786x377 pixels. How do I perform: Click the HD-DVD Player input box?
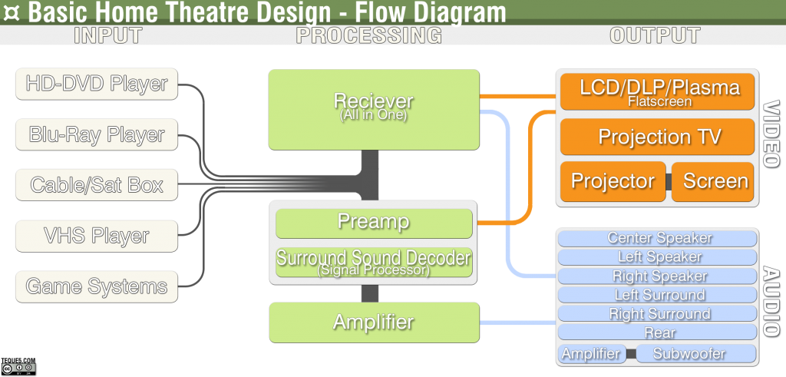pyautogui.click(x=97, y=84)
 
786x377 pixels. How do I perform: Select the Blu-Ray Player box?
pyautogui.click(x=97, y=134)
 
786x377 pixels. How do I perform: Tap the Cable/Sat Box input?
pyautogui.click(x=97, y=185)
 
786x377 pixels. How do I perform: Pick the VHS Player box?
pyautogui.click(x=97, y=236)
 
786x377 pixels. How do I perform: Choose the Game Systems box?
pyautogui.click(x=97, y=286)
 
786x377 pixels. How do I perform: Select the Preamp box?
pyautogui.click(x=374, y=223)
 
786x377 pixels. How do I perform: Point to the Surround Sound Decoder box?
pyautogui.click(x=374, y=262)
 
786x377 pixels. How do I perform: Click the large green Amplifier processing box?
pyautogui.click(x=374, y=322)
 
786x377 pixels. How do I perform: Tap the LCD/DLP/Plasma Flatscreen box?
pyautogui.click(x=658, y=91)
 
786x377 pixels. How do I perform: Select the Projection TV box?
pyautogui.click(x=658, y=137)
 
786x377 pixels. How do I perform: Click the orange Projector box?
pyautogui.click(x=613, y=182)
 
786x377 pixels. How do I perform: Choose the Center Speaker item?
pyautogui.click(x=658, y=238)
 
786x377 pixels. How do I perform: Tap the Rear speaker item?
pyautogui.click(x=658, y=332)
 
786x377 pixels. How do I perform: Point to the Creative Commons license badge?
pyautogui.click(x=18, y=369)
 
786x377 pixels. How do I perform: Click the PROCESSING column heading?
pyautogui.click(x=369, y=36)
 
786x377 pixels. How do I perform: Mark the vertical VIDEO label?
pyautogui.click(x=771, y=134)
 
